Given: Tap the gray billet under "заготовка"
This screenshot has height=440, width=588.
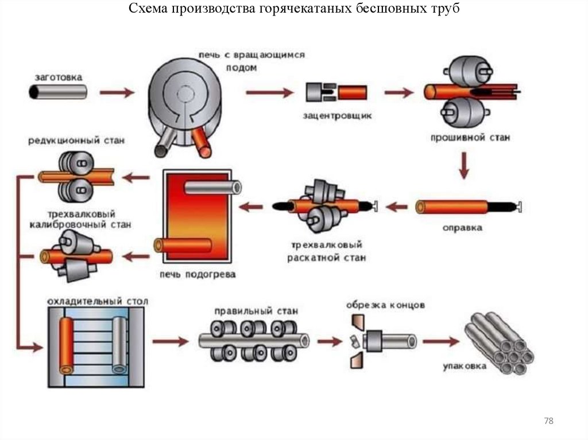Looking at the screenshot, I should pyautogui.click(x=58, y=92).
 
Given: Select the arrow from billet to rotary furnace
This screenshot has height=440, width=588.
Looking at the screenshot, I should pyautogui.click(x=117, y=92).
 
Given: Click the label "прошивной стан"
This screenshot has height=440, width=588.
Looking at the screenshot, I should pyautogui.click(x=470, y=138).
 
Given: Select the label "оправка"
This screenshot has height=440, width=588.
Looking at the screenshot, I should pyautogui.click(x=462, y=228).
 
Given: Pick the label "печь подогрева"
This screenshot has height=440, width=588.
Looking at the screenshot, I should pyautogui.click(x=198, y=274).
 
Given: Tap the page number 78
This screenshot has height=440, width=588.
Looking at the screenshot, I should pyautogui.click(x=548, y=422).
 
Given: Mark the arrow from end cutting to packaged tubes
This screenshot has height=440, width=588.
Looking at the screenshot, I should pyautogui.click(x=441, y=342).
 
